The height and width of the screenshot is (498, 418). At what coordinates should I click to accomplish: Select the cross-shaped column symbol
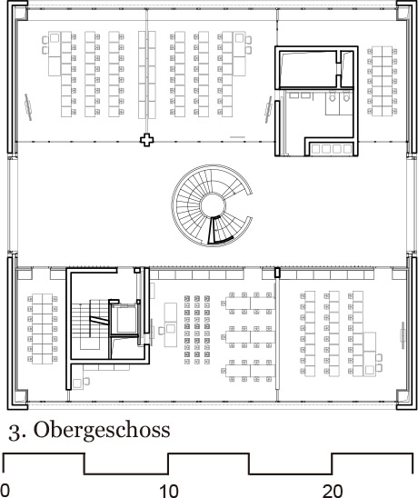[144, 140]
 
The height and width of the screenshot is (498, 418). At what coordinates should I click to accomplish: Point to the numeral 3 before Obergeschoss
[12, 428]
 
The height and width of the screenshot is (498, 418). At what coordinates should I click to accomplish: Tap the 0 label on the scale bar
[5, 491]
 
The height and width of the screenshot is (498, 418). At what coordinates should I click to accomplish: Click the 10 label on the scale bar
[169, 491]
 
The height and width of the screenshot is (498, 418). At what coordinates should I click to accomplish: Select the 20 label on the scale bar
[333, 491]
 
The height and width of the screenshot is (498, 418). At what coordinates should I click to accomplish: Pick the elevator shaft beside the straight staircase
[122, 320]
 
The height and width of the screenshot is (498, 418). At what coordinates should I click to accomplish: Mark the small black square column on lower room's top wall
[277, 271]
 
